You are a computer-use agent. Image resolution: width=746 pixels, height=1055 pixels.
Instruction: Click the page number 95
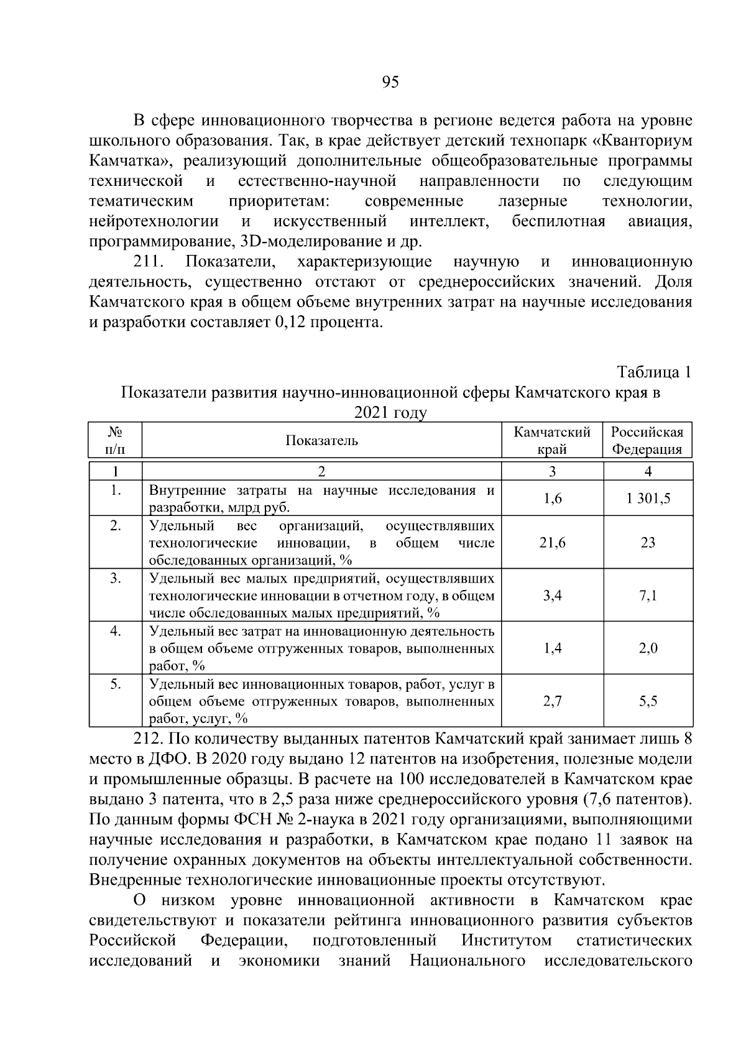[x=390, y=83]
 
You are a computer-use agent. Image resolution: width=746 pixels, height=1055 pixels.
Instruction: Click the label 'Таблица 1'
[x=653, y=372]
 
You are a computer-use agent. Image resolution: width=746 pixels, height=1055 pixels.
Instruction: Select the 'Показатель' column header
[x=321, y=441]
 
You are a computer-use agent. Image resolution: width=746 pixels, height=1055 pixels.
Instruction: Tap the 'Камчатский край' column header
[x=552, y=441]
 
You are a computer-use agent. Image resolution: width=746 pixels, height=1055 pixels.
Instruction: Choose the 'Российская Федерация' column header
[x=647, y=441]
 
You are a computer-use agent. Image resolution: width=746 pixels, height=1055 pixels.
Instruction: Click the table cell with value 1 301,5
[x=648, y=499]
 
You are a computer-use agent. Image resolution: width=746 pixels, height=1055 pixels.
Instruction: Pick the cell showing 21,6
[x=552, y=543]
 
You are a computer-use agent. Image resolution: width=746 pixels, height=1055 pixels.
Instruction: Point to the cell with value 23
[x=648, y=543]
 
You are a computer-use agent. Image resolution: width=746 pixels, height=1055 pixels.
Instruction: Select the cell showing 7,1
[x=648, y=596]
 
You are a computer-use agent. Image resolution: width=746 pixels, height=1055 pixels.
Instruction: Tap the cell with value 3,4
[x=552, y=596]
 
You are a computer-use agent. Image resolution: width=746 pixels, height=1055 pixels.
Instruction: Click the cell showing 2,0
[x=648, y=648]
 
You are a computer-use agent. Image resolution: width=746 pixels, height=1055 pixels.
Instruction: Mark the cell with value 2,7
[x=552, y=701]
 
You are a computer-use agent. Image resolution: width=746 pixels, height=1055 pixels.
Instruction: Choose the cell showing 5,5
[x=648, y=701]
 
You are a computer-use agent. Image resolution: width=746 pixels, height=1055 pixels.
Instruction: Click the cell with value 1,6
[x=552, y=499]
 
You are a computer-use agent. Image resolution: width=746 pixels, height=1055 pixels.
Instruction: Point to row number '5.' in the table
[x=115, y=684]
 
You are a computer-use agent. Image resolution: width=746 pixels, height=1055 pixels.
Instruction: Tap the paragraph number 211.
[x=149, y=262]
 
